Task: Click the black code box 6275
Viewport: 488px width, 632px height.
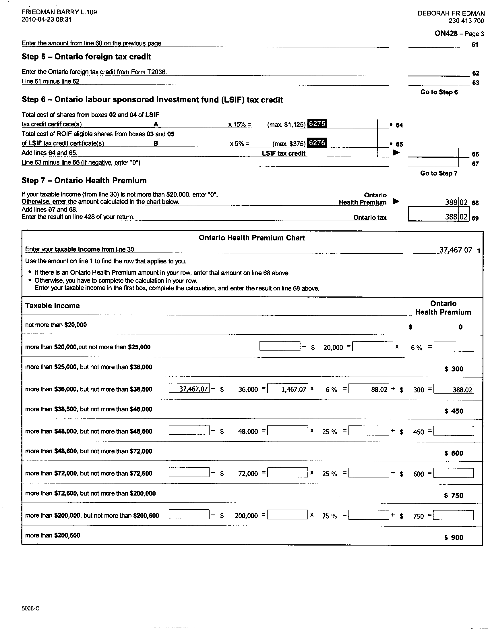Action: point(317,124)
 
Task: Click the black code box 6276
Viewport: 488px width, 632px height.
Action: point(317,143)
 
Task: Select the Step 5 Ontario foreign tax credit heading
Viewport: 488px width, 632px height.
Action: point(86,57)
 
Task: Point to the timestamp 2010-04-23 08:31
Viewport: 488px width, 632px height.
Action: point(47,20)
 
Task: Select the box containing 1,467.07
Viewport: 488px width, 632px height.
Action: point(288,389)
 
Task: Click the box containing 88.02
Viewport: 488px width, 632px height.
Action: point(369,389)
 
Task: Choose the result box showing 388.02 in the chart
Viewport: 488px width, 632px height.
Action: point(454,389)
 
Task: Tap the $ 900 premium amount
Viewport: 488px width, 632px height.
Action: point(454,537)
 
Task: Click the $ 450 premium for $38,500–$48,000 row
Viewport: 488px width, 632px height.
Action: point(454,411)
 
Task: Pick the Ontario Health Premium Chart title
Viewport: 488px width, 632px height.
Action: point(252,238)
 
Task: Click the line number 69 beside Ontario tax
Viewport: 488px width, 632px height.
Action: point(475,218)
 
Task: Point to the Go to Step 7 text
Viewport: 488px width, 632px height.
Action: point(439,173)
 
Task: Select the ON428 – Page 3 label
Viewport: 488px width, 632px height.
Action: point(459,34)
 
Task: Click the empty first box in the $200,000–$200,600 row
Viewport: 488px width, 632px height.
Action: point(189,515)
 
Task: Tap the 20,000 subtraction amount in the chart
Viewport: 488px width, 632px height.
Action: point(333,347)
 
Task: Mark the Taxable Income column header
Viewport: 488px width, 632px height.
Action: point(52,306)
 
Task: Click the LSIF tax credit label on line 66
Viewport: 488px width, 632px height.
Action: point(284,153)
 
